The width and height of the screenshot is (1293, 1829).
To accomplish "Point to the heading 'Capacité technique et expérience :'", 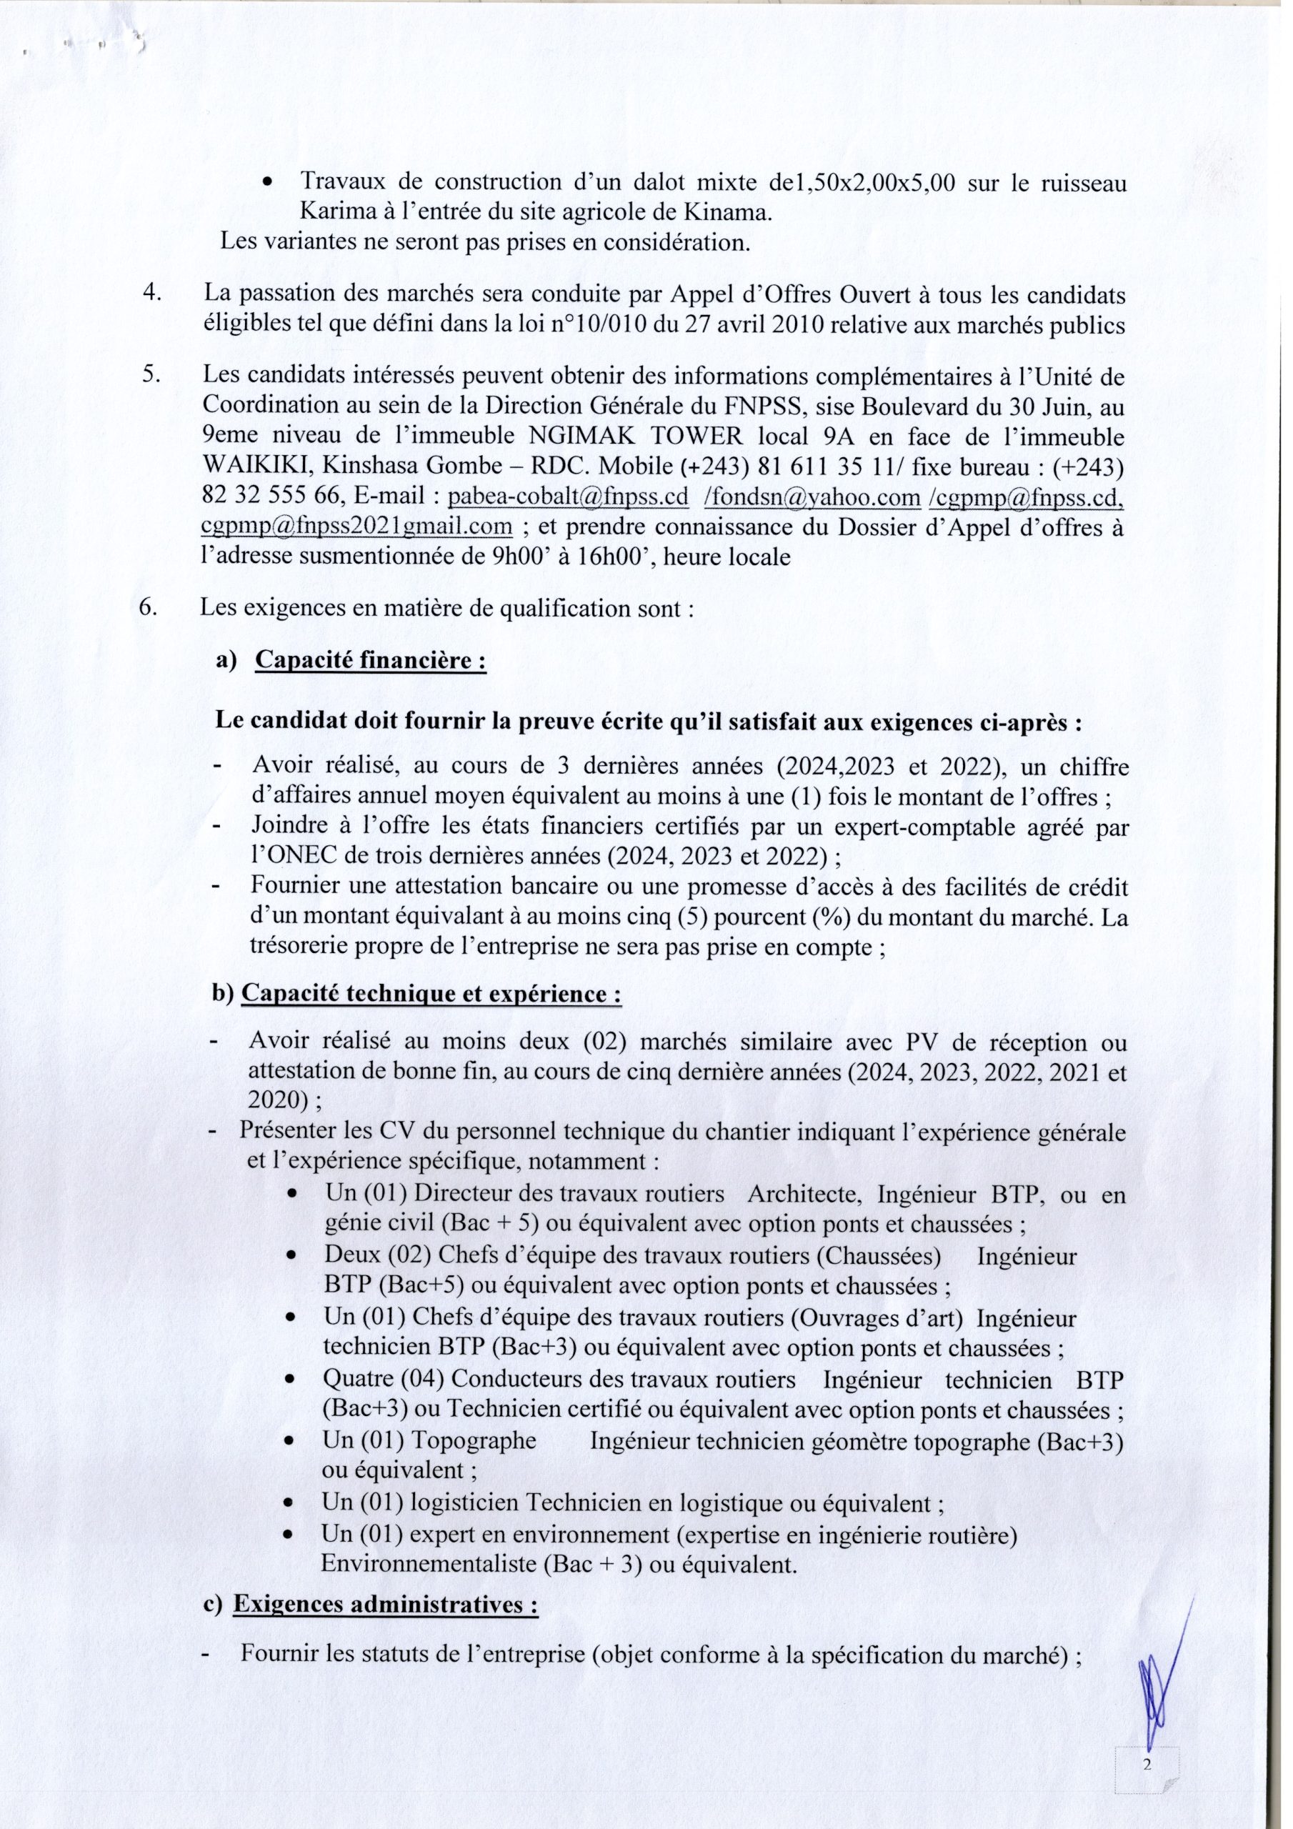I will click(430, 996).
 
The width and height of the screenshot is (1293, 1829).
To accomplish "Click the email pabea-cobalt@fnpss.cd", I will click(569, 498).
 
